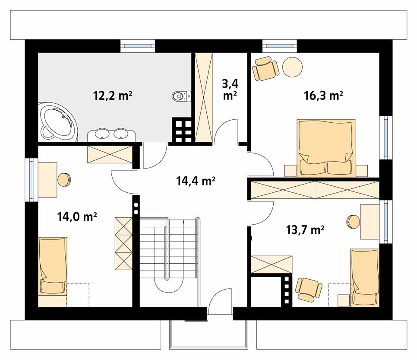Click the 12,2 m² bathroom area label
pyautogui.click(x=113, y=96)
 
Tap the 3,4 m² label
pyautogui.click(x=230, y=89)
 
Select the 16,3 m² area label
pyautogui.click(x=323, y=96)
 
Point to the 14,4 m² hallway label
pyautogui.click(x=196, y=181)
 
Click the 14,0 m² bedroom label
pyautogui.click(x=77, y=217)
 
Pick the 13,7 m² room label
pyautogui.click(x=305, y=229)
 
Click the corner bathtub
pyautogui.click(x=57, y=122)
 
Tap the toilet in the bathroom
pyautogui.click(x=181, y=96)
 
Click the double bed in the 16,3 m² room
pyautogui.click(x=326, y=148)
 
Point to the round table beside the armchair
pyautogui.click(x=292, y=67)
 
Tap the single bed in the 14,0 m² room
pyautogui.click(x=53, y=271)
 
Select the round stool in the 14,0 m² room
pyautogui.click(x=64, y=180)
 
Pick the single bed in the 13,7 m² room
pyautogui.click(x=365, y=278)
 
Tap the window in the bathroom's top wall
pyautogui.click(x=138, y=46)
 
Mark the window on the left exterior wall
pyautogui.click(x=32, y=180)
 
